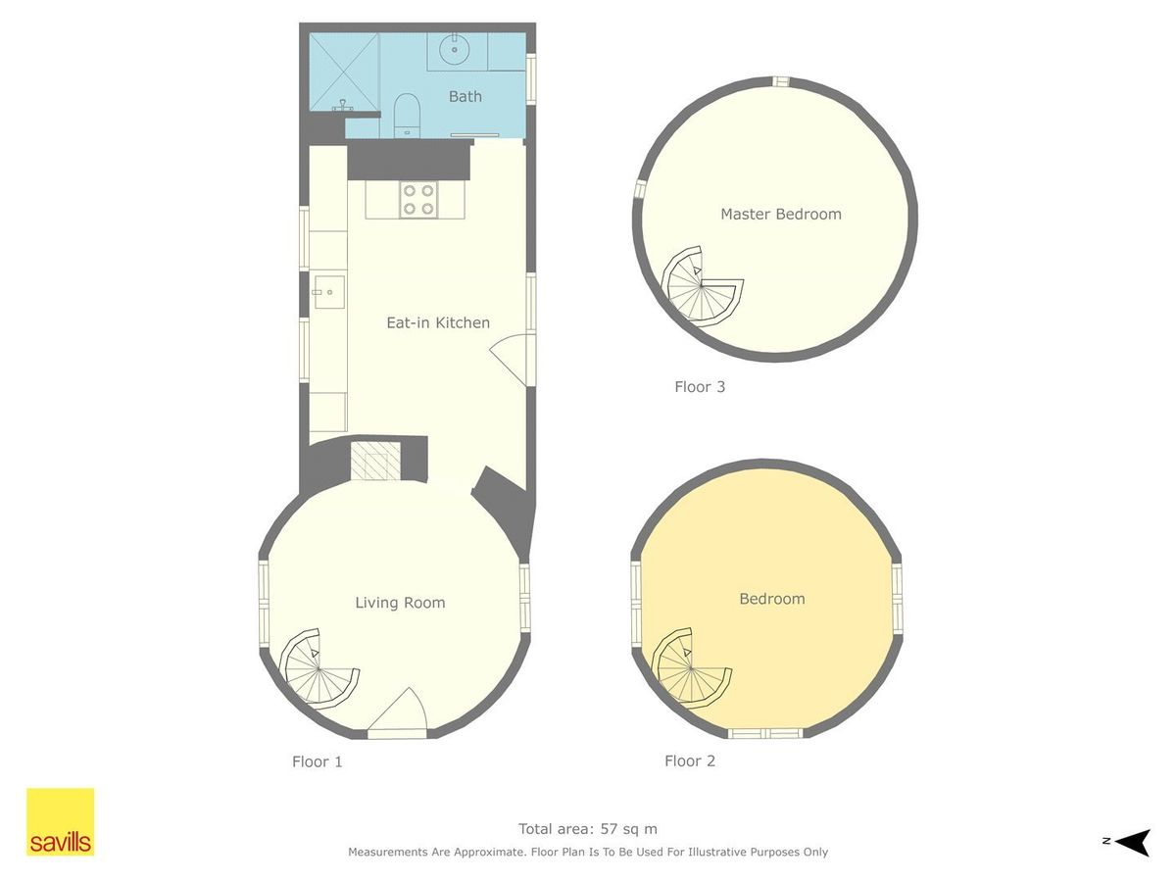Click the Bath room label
point(465,96)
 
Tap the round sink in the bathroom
point(455,49)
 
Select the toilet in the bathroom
point(406,115)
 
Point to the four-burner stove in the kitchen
point(418,200)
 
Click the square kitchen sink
point(329,292)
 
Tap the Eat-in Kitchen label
point(438,323)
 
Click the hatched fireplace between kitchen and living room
point(375,461)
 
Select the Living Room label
point(400,603)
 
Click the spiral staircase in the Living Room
point(318,668)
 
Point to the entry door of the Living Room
point(398,712)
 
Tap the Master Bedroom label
point(781,215)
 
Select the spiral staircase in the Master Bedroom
point(702,285)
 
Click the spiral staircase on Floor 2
point(691,668)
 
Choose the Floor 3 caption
point(699,387)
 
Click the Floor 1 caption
point(317,761)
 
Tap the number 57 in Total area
point(609,829)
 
